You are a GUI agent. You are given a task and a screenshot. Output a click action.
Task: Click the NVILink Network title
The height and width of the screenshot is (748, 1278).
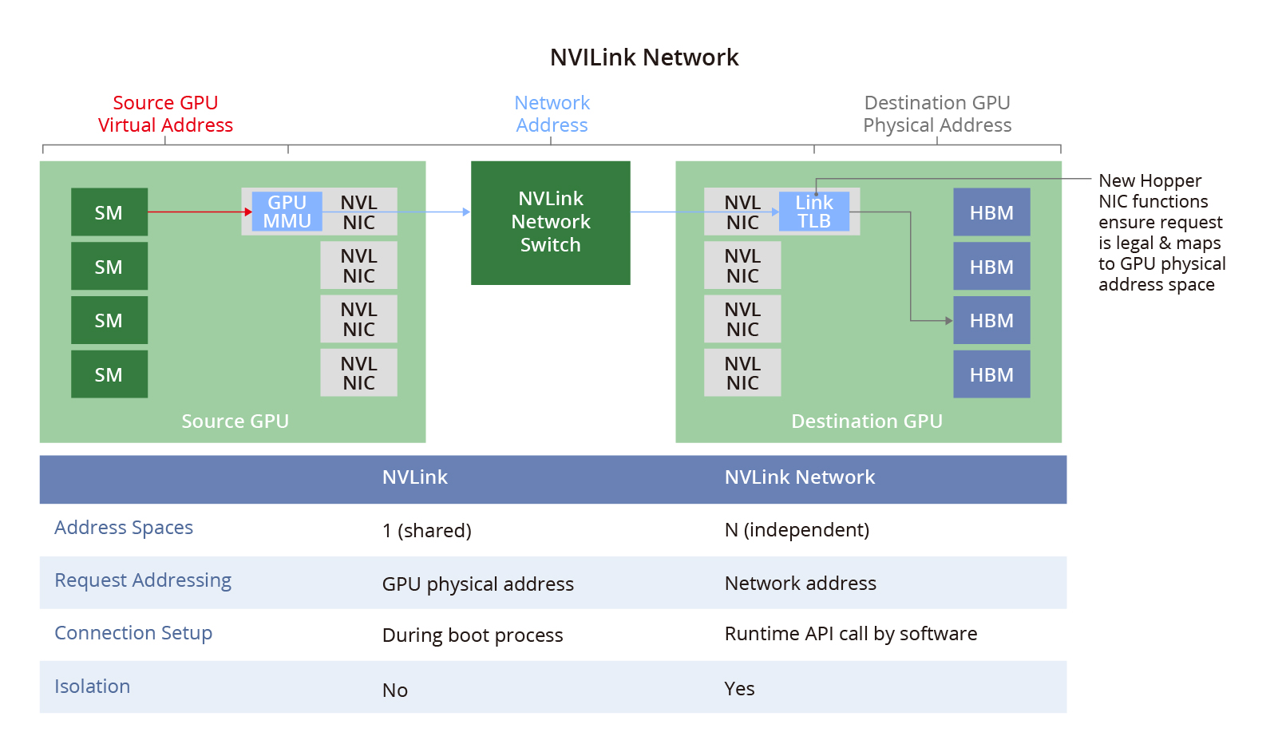[x=644, y=57]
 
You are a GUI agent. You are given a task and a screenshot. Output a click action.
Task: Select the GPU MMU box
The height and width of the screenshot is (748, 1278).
[x=287, y=212]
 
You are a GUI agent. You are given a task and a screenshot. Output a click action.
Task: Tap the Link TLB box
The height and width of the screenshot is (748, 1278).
[x=814, y=212]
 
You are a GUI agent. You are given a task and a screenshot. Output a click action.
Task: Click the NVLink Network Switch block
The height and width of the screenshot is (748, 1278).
[x=551, y=223]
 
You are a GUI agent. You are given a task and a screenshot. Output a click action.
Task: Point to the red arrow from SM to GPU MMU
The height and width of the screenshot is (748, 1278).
[x=200, y=212]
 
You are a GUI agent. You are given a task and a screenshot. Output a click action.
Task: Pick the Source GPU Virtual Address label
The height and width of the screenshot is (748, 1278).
[x=165, y=113]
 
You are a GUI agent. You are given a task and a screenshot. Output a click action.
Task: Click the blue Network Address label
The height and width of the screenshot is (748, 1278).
[x=552, y=113]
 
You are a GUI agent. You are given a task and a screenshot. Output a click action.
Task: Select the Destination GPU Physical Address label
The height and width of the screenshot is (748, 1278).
[x=937, y=113]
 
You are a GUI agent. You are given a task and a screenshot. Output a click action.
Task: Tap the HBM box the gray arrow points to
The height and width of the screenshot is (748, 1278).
[x=991, y=320]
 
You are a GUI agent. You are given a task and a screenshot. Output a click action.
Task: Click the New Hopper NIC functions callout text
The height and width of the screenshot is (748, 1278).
[x=1161, y=232]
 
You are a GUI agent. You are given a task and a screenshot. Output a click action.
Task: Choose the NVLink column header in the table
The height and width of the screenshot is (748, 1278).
[x=415, y=477]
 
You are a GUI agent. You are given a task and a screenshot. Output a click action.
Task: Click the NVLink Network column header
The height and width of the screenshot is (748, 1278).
[x=799, y=477]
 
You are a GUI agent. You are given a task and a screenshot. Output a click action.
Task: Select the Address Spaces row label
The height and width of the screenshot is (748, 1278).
[x=124, y=528]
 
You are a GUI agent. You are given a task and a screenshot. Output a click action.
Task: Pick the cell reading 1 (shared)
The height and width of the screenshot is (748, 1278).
[x=427, y=531]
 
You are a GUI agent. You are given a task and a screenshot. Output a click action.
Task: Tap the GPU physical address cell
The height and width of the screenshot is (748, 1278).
[x=478, y=584]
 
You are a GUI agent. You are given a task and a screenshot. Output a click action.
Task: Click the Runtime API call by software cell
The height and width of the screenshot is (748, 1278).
[x=851, y=634]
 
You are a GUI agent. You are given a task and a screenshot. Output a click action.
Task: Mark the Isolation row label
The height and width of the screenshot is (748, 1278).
[x=93, y=687]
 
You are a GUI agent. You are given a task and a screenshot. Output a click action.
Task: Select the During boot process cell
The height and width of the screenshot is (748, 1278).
[x=473, y=635]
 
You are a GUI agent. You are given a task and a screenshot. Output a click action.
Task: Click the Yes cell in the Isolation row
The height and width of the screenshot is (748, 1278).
[x=739, y=689]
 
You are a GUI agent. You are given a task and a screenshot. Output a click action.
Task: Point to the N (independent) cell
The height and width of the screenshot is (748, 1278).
[x=797, y=530]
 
